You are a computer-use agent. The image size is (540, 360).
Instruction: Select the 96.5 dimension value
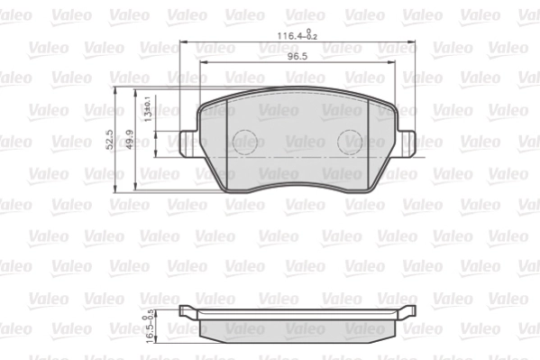tap(298, 56)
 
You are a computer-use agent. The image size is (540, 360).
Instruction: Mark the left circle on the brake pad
tap(246, 141)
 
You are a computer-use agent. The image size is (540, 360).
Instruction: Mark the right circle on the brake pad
tap(350, 141)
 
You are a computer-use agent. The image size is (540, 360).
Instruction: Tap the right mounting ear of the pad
tap(407, 141)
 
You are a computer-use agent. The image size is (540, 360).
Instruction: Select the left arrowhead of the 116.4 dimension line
tap(184, 43)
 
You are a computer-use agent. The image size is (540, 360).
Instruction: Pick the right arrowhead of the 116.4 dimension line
tap(415, 43)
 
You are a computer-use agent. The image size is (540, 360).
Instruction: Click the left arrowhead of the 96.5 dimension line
tap(200, 64)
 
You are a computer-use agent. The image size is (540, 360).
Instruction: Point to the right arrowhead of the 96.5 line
tap(398, 64)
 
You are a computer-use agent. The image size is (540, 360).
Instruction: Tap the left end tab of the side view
tap(188, 312)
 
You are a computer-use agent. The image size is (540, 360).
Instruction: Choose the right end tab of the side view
tap(407, 312)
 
